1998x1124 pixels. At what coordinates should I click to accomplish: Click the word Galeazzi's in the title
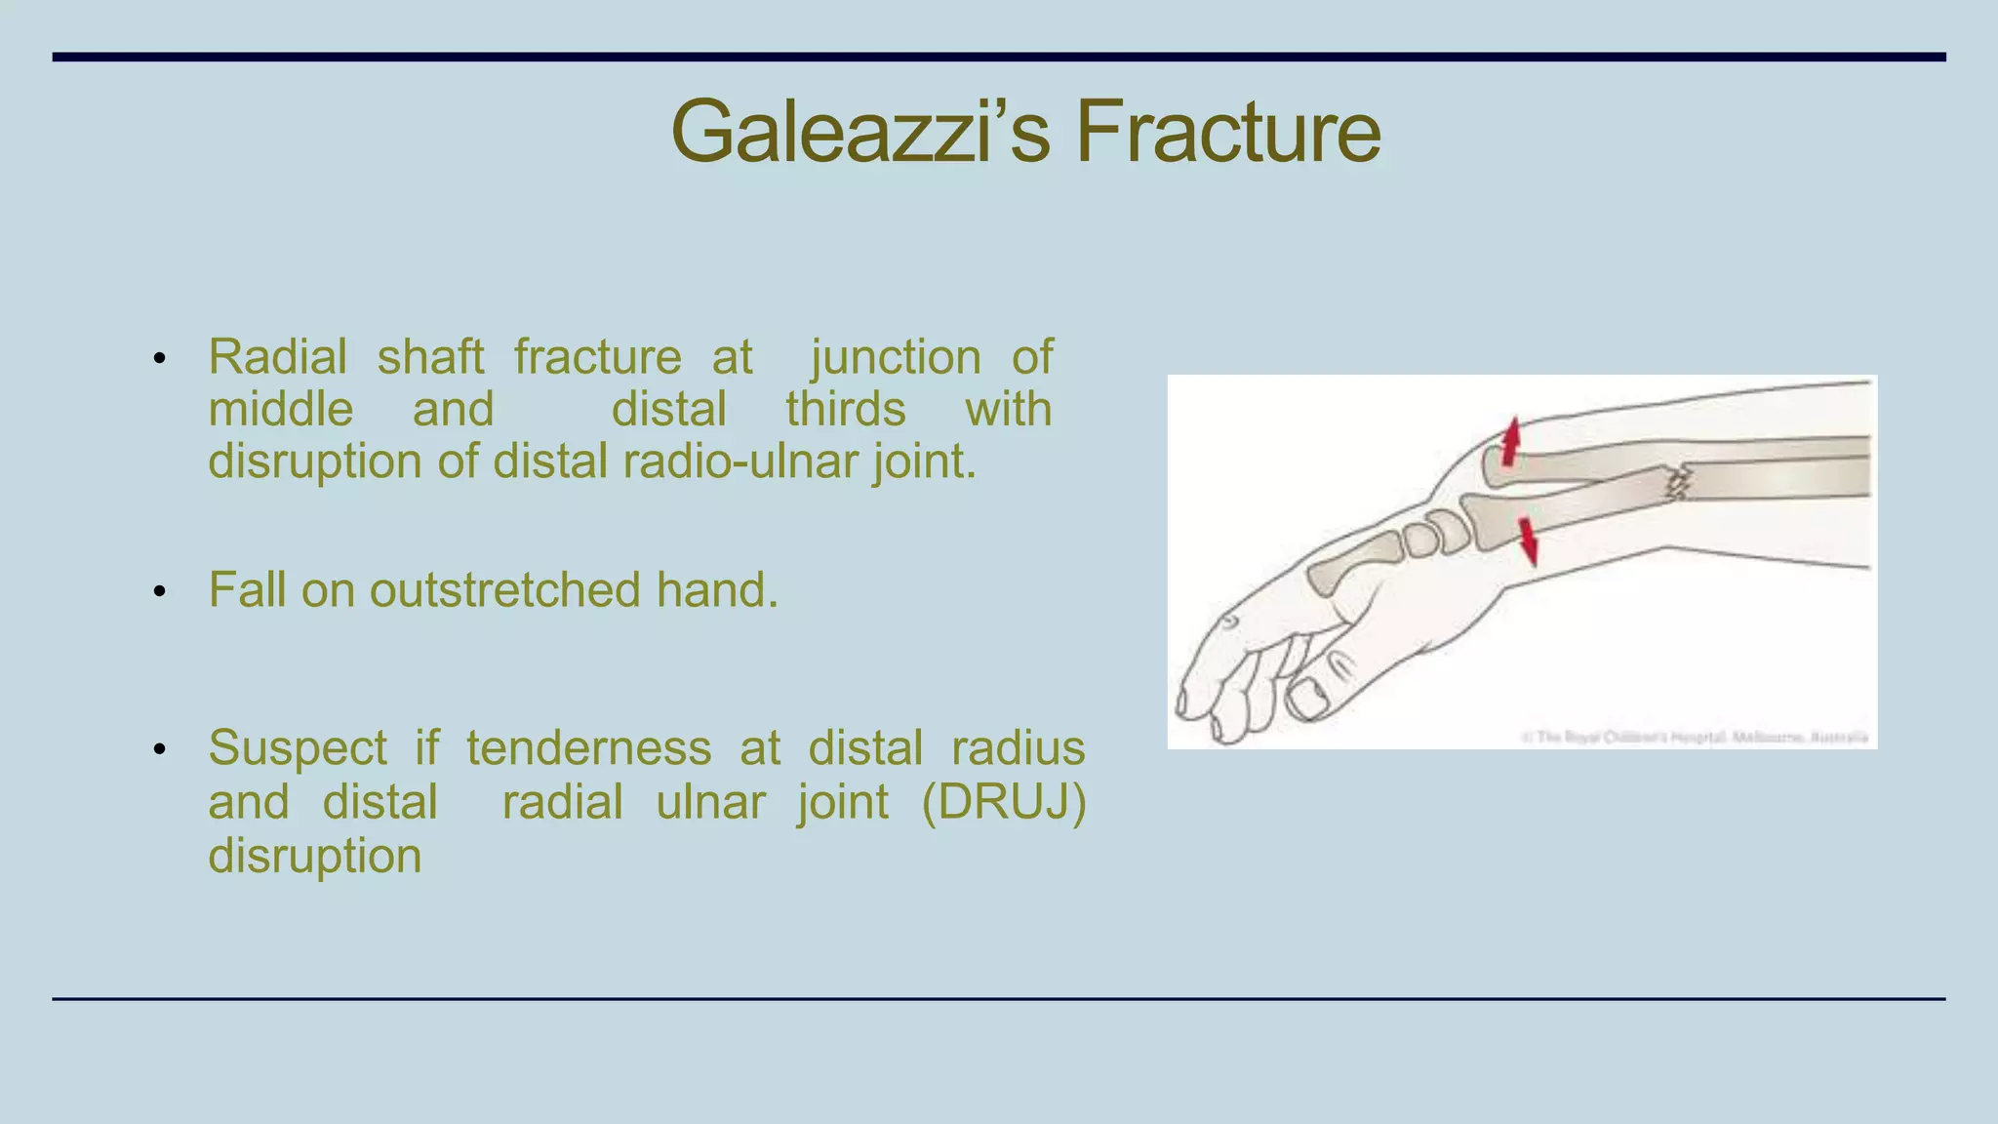[859, 132]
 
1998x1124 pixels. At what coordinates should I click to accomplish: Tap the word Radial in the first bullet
[277, 357]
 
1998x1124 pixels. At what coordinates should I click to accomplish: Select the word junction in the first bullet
[896, 357]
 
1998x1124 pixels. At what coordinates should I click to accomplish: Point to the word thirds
[846, 409]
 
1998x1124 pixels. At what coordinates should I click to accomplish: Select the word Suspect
[298, 748]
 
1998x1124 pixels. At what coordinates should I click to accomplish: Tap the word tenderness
[588, 748]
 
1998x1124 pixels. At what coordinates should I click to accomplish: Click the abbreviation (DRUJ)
[1003, 802]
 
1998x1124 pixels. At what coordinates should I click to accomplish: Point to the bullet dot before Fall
[160, 592]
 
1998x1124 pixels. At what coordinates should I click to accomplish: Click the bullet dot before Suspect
[160, 750]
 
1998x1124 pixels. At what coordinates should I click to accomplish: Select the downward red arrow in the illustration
[1528, 542]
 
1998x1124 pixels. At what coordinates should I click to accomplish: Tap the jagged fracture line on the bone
[1677, 483]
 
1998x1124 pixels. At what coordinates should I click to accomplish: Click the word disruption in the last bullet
[314, 856]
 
